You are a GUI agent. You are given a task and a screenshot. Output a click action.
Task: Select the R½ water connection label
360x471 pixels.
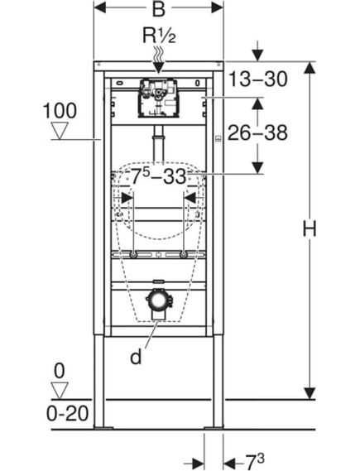point(159,37)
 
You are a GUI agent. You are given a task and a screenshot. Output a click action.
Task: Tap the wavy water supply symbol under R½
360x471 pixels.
point(159,52)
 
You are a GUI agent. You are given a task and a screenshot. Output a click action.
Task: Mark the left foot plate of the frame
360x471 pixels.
point(102,427)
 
